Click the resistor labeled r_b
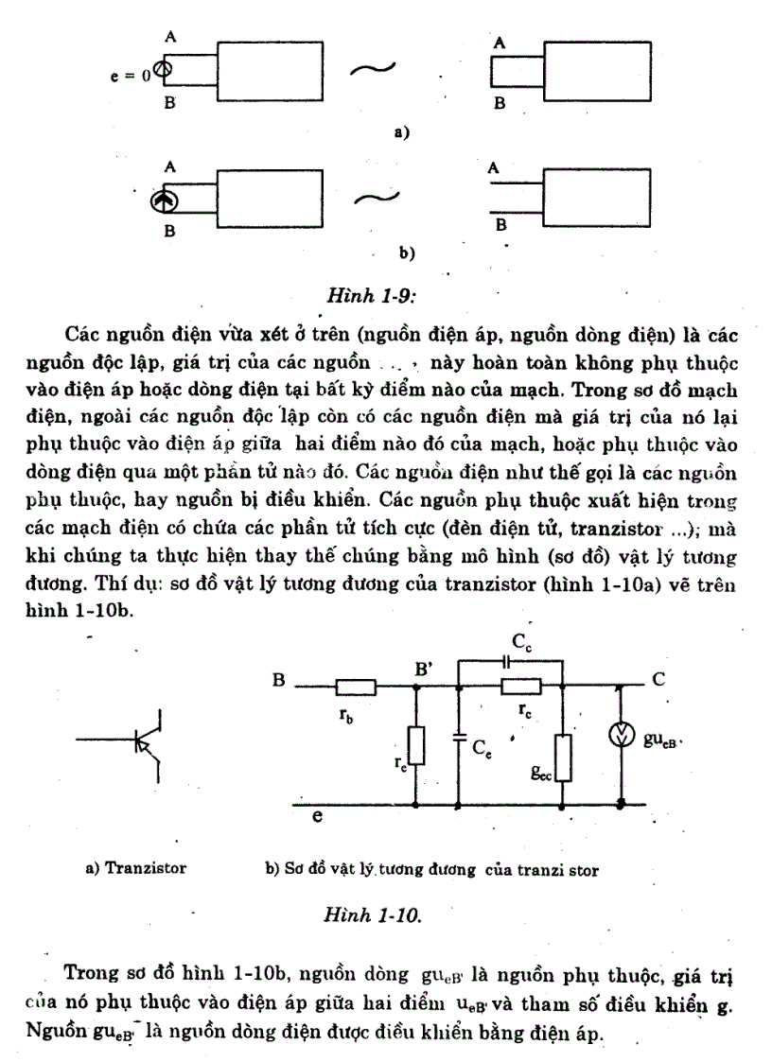coord(356,687)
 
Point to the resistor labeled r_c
coord(520,686)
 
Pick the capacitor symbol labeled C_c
coord(512,663)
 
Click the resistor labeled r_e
coord(417,745)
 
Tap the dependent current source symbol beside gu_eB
coord(623,739)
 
